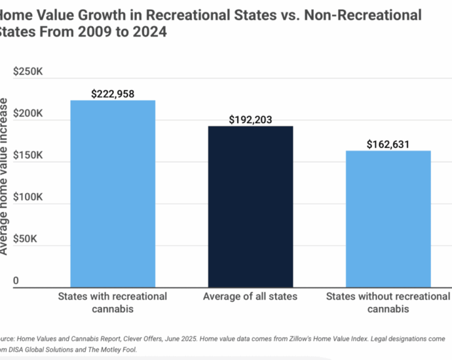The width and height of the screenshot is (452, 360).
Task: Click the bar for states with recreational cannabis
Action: [113, 194]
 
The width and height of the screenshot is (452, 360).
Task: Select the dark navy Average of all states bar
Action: [250, 207]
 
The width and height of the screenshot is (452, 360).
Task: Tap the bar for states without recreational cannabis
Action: [388, 219]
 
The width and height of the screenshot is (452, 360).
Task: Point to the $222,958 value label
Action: [113, 94]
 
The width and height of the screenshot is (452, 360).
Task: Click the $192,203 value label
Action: [250, 120]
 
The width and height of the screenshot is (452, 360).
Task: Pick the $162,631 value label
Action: [388, 145]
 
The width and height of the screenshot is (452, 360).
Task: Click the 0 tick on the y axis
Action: [16, 281]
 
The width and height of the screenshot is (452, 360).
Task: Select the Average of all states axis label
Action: [250, 297]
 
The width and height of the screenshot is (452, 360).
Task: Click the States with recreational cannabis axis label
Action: [113, 302]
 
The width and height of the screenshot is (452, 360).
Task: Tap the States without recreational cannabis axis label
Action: [388, 302]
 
